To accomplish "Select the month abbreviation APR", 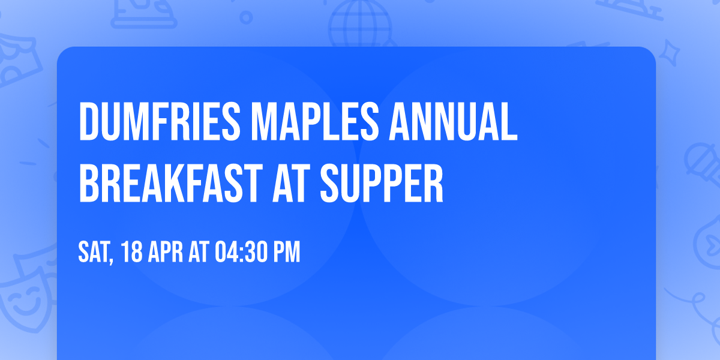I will tap(167, 253).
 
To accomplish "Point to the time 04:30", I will tap(239, 253).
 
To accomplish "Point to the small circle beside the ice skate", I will tap(245, 18).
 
